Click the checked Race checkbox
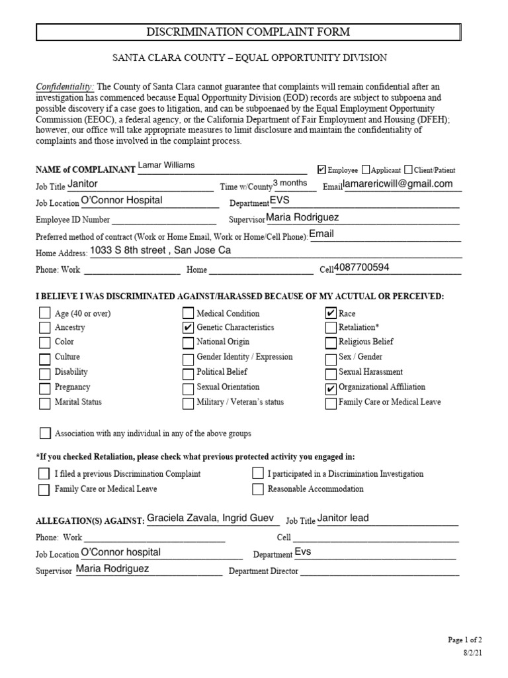tap(331, 313)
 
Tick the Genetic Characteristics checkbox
tap(188, 328)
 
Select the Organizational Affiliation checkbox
tap(331, 388)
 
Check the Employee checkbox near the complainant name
tap(322, 170)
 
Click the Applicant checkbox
tap(366, 170)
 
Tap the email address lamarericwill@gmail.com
tap(398, 185)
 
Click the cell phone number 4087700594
tap(362, 267)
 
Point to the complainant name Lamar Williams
tap(166, 166)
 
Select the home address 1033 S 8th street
tap(161, 251)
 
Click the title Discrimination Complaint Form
tap(248, 32)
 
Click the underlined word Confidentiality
tap(65, 87)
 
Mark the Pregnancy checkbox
tap(44, 388)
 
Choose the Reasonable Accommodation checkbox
tap(258, 489)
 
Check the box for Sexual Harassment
tap(331, 373)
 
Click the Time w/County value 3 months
tap(290, 183)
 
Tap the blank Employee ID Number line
tap(164, 220)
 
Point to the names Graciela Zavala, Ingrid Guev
tap(210, 518)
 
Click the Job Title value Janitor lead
tap(343, 518)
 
